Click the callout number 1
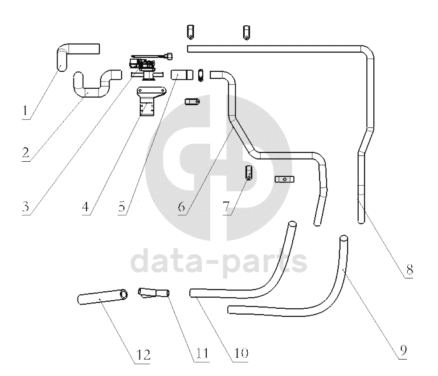tap(25, 110)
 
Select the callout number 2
tap(25, 152)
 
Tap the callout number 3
tap(25, 207)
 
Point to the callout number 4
tap(86, 207)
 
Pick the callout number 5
tap(122, 207)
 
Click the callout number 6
tap(181, 207)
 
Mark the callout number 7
tap(226, 207)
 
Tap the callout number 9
tap(403, 351)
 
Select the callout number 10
tap(241, 353)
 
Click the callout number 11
tap(202, 354)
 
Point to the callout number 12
tap(143, 355)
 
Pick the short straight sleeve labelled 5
tap(182, 74)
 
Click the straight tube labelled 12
tap(102, 296)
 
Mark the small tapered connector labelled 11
tap(154, 293)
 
